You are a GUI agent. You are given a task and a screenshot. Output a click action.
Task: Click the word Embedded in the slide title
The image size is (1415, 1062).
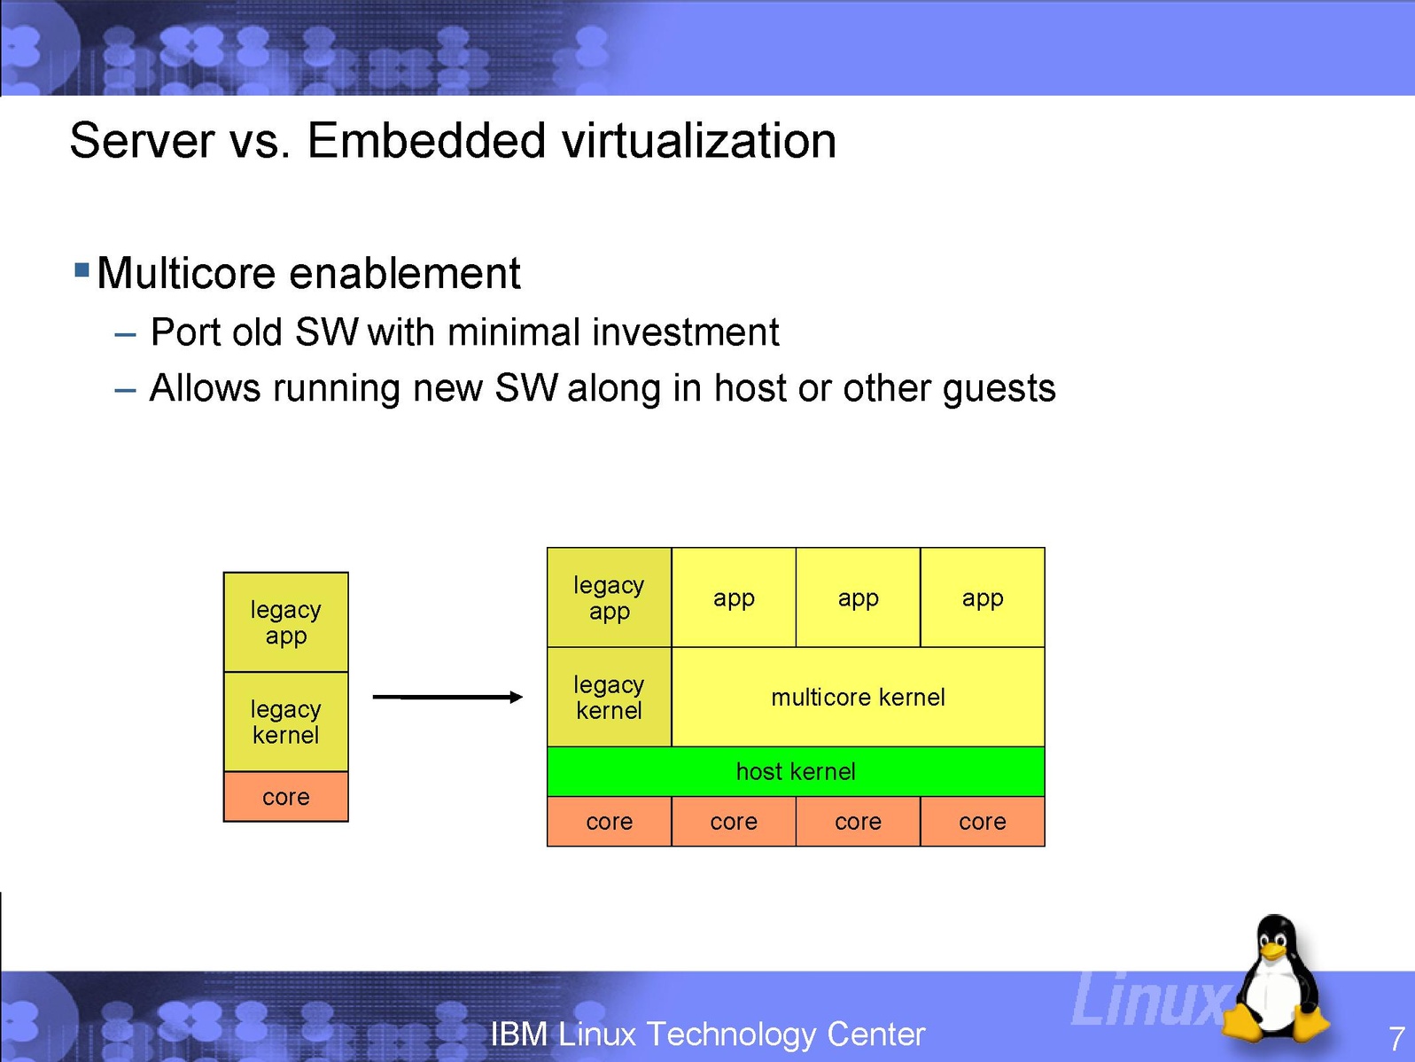click(x=427, y=141)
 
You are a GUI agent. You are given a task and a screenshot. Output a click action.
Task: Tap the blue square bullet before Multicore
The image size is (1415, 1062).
click(x=82, y=269)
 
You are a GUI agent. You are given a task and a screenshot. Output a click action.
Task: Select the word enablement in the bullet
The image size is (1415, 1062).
click(x=404, y=273)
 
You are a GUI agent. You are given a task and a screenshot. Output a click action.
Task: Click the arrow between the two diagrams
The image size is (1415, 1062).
click(x=447, y=697)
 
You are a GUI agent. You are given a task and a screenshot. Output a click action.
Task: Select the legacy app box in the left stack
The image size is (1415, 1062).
click(x=285, y=622)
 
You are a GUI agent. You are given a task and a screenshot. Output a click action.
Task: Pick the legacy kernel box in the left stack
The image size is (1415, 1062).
click(x=285, y=722)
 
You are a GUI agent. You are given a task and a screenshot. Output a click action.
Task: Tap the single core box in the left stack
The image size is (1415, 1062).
click(x=285, y=796)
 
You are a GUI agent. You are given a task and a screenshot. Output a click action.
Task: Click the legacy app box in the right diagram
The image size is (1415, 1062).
click(x=610, y=597)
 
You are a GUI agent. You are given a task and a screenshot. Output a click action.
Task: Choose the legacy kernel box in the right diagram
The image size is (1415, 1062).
click(x=610, y=697)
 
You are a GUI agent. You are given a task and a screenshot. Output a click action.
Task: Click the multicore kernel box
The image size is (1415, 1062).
click(x=858, y=697)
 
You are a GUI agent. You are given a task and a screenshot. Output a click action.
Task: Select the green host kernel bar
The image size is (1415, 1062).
click(x=797, y=771)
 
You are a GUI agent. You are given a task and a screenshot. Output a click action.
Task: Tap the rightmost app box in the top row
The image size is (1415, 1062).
click(x=983, y=597)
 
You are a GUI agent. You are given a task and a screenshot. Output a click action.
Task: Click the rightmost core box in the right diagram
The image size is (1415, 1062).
click(x=983, y=821)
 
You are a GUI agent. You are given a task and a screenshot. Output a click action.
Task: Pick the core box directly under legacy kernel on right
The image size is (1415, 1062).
click(x=610, y=821)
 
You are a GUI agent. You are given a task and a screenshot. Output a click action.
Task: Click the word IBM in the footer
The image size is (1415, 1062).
click(x=519, y=1035)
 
